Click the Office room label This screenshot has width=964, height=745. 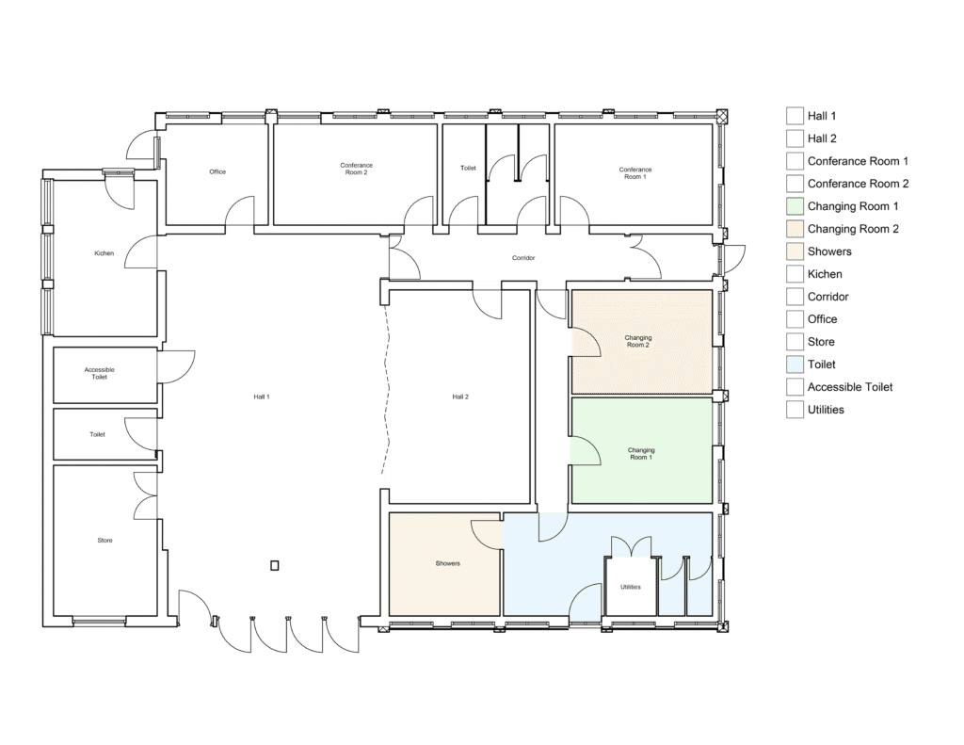point(217,171)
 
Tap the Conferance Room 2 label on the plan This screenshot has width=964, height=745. point(357,169)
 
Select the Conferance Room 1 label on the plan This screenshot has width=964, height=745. point(635,173)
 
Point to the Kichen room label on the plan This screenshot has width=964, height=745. point(104,252)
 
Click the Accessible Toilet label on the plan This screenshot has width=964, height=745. point(100,373)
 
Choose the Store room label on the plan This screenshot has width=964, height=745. point(105,540)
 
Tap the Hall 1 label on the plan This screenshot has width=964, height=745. point(262,397)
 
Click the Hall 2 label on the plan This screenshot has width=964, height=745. point(460,397)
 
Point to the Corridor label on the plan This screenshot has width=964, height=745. point(523,258)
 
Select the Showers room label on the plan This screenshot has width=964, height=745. point(447,563)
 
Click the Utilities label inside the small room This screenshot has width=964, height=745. point(631,587)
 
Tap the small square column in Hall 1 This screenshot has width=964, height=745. point(275,565)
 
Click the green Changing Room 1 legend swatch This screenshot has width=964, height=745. point(795,206)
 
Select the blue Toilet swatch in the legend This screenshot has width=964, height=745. point(795,364)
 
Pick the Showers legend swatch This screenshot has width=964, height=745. point(795,251)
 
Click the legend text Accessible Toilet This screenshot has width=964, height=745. point(850,387)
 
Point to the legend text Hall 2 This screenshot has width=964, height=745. point(822,138)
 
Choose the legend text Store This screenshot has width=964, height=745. point(821,342)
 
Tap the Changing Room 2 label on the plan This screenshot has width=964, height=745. point(638,342)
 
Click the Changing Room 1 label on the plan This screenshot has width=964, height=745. point(640,454)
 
